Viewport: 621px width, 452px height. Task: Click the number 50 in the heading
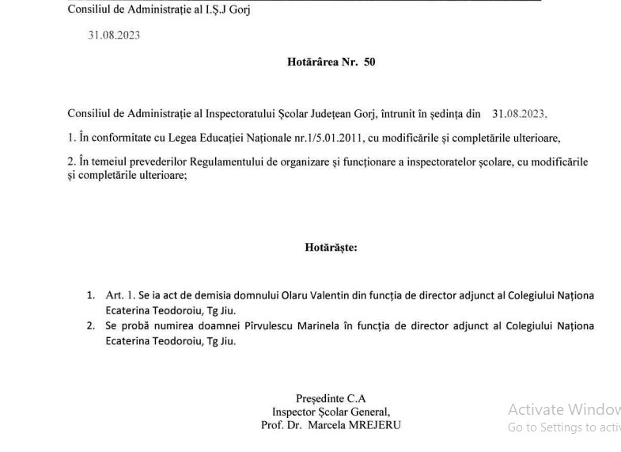(x=369, y=62)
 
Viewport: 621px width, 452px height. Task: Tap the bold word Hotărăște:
(x=331, y=247)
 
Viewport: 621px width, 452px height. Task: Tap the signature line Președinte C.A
(x=331, y=399)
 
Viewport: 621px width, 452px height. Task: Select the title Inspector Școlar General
(x=331, y=412)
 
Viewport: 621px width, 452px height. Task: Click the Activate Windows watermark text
(x=563, y=410)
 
